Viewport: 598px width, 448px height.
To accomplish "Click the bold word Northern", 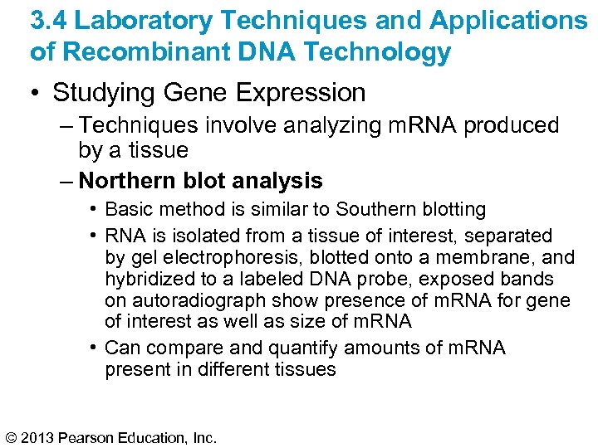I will point(130,180).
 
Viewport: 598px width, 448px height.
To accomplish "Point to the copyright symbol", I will point(12,436).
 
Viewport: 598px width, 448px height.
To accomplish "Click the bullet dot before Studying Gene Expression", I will point(36,93).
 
